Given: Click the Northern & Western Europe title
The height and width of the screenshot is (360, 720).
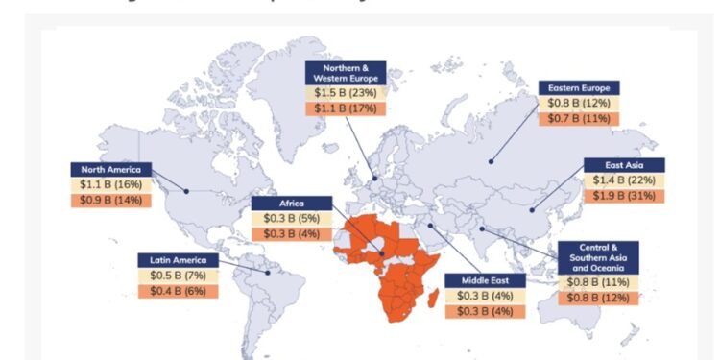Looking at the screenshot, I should click(x=347, y=74).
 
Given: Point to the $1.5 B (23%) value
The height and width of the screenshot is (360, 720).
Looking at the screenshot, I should click(x=347, y=94).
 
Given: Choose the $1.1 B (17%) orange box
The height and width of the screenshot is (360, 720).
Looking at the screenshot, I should click(x=347, y=109).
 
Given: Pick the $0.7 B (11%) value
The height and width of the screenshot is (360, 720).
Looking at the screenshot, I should click(x=577, y=118).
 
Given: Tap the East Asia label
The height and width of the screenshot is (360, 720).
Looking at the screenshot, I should click(x=624, y=164).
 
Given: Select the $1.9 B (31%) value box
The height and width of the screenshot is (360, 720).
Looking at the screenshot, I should click(x=624, y=196).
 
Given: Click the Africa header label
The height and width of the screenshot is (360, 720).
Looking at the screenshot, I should click(x=291, y=204).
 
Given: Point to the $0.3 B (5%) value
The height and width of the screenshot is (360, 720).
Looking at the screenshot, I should click(x=291, y=219).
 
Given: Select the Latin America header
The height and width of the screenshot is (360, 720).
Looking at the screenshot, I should click(x=178, y=259).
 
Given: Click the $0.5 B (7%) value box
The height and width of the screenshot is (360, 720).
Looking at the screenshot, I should click(x=178, y=275).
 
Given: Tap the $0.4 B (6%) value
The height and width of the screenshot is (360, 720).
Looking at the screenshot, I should click(x=178, y=290).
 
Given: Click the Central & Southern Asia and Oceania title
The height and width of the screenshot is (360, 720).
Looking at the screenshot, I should click(x=598, y=257).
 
